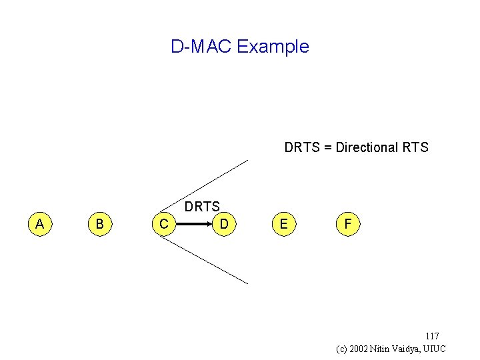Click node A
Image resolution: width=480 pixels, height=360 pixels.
[x=40, y=225]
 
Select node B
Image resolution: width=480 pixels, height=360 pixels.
[x=99, y=225]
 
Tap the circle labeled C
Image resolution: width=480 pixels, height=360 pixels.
[x=164, y=225]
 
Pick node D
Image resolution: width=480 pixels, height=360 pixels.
[x=225, y=225]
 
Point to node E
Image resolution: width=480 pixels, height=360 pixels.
[x=284, y=225]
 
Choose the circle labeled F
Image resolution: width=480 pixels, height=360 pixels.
[x=347, y=225]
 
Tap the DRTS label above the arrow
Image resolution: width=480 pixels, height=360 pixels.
[x=202, y=207]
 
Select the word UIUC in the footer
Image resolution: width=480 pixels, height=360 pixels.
[x=433, y=349]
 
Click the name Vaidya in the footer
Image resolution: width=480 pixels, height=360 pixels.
[x=406, y=349]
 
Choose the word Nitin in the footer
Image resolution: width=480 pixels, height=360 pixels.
[x=384, y=349]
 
